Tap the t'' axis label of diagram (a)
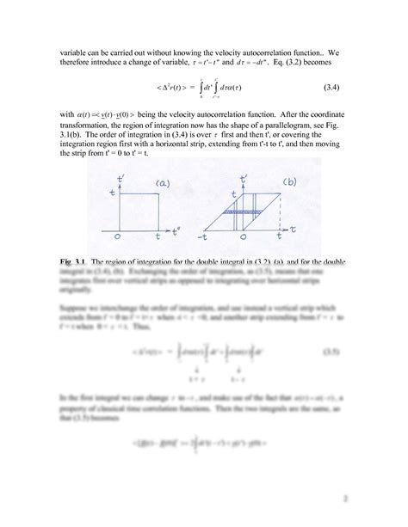click(175, 230)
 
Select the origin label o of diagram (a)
click(118, 236)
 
